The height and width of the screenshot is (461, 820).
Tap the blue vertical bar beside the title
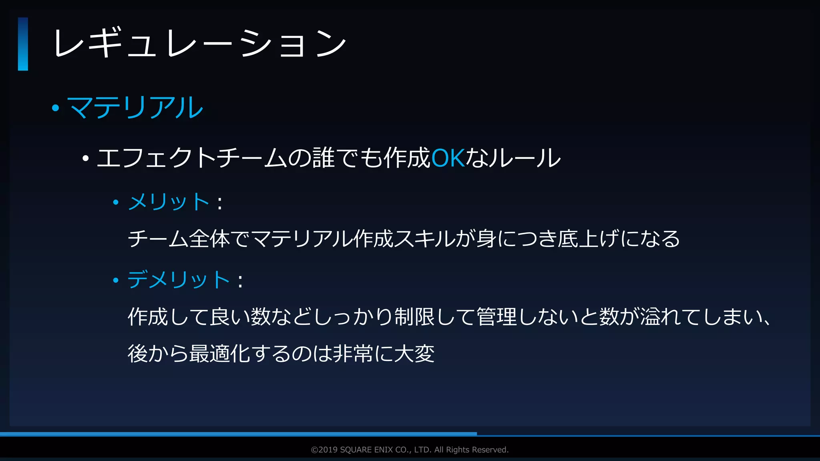[x=23, y=44]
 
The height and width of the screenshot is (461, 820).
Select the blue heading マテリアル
[x=135, y=108]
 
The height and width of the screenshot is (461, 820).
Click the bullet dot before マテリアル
[x=56, y=108]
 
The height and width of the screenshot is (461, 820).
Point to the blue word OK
[x=448, y=158]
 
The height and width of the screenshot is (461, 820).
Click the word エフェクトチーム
[x=191, y=158]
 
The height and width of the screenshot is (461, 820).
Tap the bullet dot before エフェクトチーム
[x=85, y=159]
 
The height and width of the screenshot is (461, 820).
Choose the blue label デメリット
[x=179, y=279]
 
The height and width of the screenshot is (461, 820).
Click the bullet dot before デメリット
[x=116, y=280]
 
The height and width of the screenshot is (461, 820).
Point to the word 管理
[x=496, y=317]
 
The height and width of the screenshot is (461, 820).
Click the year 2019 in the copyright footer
[x=328, y=450]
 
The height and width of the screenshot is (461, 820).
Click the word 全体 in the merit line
[x=209, y=239]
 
